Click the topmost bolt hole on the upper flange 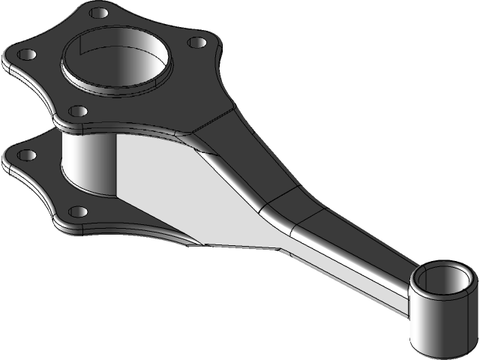coord(97,13)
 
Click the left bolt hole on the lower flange coord(26,155)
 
